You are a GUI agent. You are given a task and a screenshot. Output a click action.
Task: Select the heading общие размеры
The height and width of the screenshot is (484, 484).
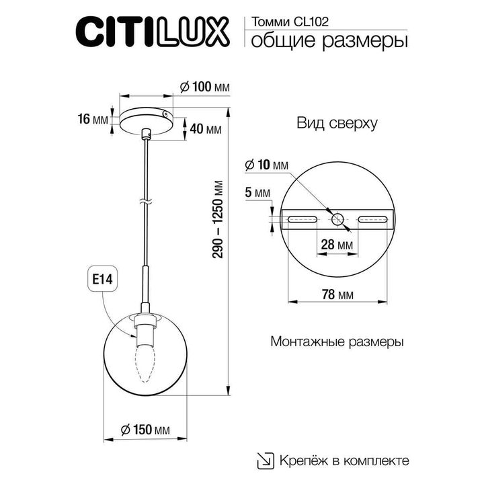click(329, 41)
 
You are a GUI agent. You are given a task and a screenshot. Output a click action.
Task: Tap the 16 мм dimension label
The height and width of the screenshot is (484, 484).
click(93, 120)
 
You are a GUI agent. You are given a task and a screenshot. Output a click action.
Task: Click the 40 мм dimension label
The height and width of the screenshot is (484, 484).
click(206, 129)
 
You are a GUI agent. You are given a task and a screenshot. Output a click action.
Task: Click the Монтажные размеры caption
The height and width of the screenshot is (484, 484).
click(337, 341)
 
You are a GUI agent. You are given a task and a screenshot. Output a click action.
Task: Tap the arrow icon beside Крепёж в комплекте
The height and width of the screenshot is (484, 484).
click(266, 460)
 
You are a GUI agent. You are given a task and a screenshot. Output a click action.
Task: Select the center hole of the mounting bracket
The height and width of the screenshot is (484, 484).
click(337, 218)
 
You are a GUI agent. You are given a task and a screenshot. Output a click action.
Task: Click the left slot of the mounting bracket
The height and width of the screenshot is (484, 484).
click(303, 218)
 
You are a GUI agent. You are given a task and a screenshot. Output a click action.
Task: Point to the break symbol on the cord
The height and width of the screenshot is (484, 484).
click(146, 200)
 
